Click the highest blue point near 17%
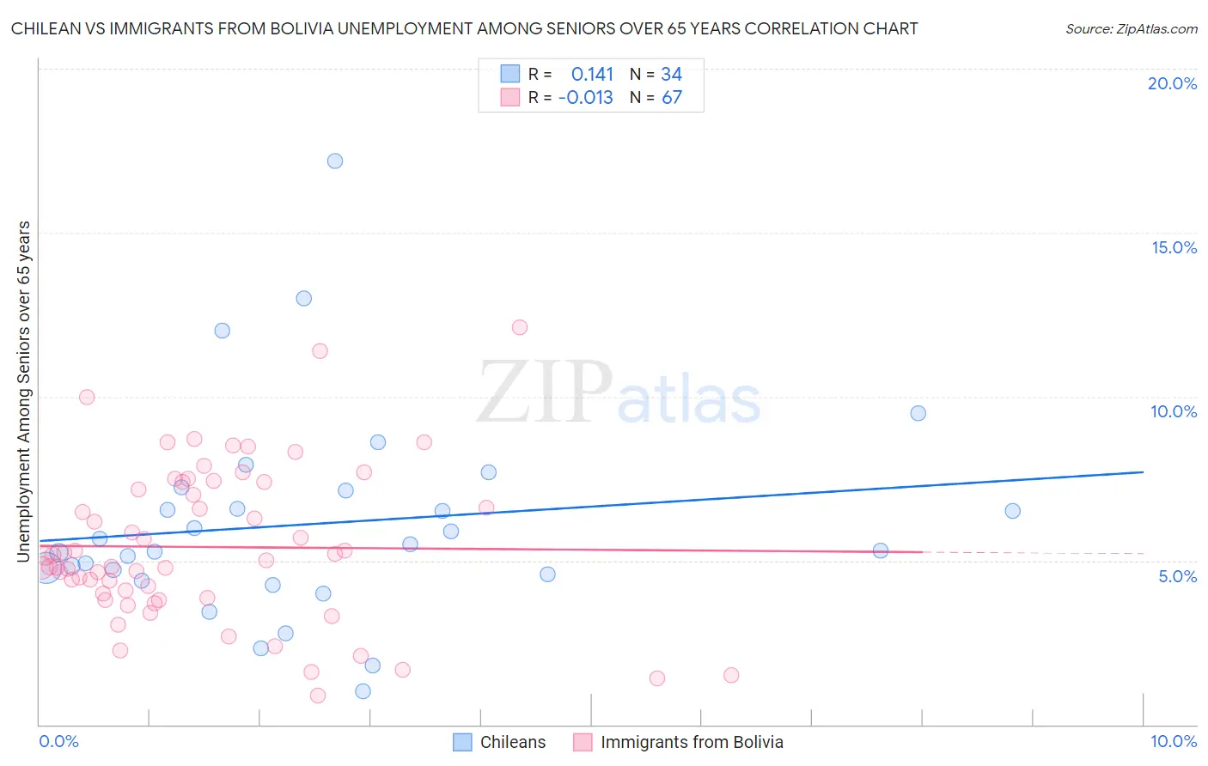tap(335, 161)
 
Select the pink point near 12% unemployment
tap(519, 327)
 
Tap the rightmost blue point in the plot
tap(1012, 511)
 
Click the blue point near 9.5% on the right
tap(918, 413)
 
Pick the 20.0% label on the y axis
tap(1172, 83)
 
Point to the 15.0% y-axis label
tap(1174, 247)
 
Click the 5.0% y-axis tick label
tap(1177, 576)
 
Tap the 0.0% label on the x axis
tap(58, 741)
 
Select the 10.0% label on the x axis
tap(1173, 741)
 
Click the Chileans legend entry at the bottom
tap(512, 742)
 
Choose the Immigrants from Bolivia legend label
tap(692, 742)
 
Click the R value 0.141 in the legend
tap(592, 75)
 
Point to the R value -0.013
tap(585, 98)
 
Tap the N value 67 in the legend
tap(671, 98)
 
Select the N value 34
tap(671, 75)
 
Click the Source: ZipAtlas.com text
tap(1131, 29)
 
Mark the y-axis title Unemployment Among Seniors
tap(24, 392)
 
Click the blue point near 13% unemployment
tap(303, 298)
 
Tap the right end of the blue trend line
tap(1143, 472)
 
